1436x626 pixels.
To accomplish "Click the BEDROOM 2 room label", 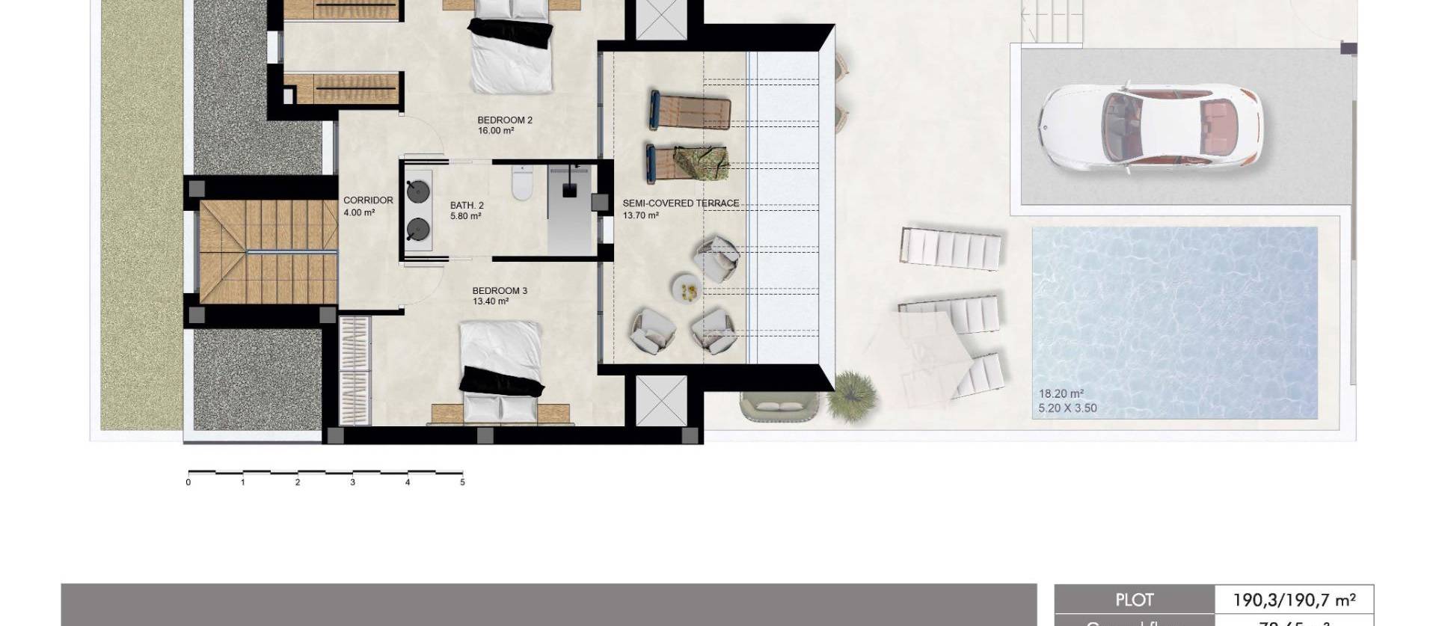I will (505, 120).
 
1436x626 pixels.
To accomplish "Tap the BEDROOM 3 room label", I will (500, 291).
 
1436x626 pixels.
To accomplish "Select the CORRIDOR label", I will (368, 200).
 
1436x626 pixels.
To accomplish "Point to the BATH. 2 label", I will (467, 206).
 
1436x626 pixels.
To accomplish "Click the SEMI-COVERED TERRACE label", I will (681, 203).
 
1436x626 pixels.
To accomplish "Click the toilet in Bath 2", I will (521, 182).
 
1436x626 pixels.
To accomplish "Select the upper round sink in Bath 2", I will (418, 191).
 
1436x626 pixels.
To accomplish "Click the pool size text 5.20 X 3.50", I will (1067, 408).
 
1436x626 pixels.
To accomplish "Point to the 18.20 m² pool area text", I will (1061, 394).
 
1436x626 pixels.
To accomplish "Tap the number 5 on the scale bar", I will (462, 482).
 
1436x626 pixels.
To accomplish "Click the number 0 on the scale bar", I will (188, 482).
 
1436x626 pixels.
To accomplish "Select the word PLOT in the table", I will (1134, 600).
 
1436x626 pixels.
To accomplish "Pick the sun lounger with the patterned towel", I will (688, 162).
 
